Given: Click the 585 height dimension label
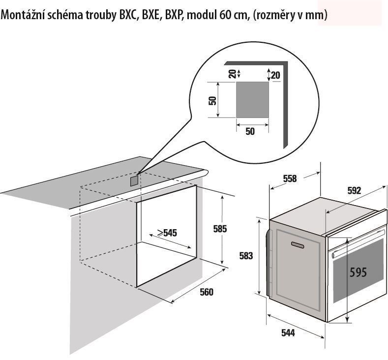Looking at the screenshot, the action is [220, 229].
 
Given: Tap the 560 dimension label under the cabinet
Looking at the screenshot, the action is [207, 292].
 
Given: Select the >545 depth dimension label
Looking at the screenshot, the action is [167, 233].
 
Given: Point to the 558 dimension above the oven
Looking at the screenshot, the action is [290, 179].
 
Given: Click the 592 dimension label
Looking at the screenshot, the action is [355, 190].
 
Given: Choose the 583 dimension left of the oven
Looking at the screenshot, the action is [246, 256].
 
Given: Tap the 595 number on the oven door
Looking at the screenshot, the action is [358, 272].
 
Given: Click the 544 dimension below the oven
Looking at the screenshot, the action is [288, 333].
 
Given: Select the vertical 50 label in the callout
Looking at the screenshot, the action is [212, 100].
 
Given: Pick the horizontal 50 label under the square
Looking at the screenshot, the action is [250, 131].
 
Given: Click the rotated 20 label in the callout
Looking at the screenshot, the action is [232, 74].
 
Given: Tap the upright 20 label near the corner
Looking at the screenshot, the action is [275, 75].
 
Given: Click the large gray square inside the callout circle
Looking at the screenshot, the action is [252, 100].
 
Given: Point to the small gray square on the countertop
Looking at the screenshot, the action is [134, 181].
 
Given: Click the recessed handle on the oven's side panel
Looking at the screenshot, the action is [298, 244].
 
